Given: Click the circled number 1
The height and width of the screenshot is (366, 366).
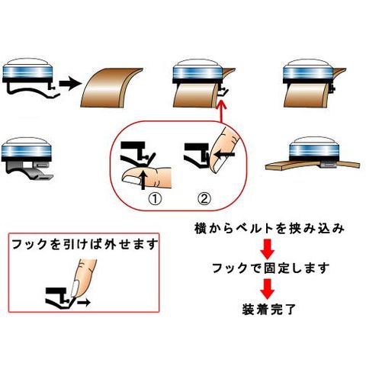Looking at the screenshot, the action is click(155, 199).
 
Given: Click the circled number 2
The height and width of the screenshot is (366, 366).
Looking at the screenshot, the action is click(204, 199).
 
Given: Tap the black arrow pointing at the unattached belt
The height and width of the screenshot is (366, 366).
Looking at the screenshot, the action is click(70, 84).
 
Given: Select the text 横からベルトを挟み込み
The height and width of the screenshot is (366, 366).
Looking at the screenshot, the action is click(269, 228).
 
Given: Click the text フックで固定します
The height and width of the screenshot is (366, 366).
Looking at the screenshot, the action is click(270, 268).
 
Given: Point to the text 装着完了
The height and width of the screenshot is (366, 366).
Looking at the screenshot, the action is click(269, 309).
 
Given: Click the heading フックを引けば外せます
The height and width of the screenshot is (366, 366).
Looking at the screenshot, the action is click(85, 244).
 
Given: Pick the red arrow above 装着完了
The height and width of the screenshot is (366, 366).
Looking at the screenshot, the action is click(268, 289).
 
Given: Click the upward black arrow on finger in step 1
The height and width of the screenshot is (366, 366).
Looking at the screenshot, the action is click(143, 180).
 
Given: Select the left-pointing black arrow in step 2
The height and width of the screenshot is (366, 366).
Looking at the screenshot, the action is click(224, 154).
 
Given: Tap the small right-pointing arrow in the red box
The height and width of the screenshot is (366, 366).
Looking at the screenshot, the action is click(84, 302).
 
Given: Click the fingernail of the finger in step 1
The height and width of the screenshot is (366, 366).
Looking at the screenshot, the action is click(131, 180).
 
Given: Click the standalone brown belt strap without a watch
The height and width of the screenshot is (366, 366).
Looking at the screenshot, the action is click(111, 87).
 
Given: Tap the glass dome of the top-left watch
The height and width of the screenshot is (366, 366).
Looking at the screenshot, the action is click(27, 62).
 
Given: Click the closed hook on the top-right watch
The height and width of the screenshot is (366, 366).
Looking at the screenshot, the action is click(332, 89).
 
